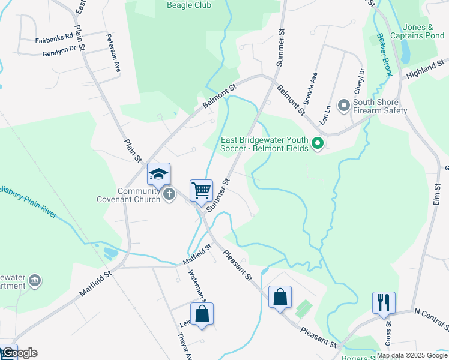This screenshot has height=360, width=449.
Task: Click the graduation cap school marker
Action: [x=159, y=174]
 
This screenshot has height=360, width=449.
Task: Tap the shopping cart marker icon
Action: [x=202, y=191]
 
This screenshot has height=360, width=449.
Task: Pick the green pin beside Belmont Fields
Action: [x=319, y=143]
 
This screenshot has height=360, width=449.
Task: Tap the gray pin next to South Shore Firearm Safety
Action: [x=344, y=106]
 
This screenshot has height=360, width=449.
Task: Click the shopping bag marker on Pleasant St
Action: [x=280, y=297]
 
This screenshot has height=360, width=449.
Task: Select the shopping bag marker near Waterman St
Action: [x=202, y=314]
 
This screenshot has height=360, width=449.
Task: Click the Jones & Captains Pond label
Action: [x=423, y=31]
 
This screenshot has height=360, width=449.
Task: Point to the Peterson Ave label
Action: [x=113, y=53]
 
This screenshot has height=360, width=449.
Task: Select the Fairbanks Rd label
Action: [x=54, y=40]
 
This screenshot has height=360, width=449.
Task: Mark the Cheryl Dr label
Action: [x=361, y=79]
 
